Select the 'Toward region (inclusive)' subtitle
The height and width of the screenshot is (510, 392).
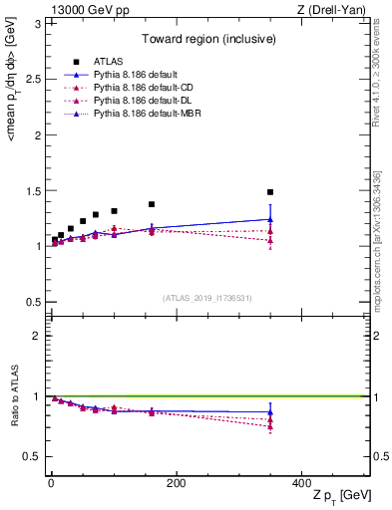[207, 41]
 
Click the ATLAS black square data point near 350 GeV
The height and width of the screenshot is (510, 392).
[270, 192]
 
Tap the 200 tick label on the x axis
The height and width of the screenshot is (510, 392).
[176, 483]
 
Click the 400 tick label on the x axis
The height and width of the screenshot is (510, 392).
[301, 483]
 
